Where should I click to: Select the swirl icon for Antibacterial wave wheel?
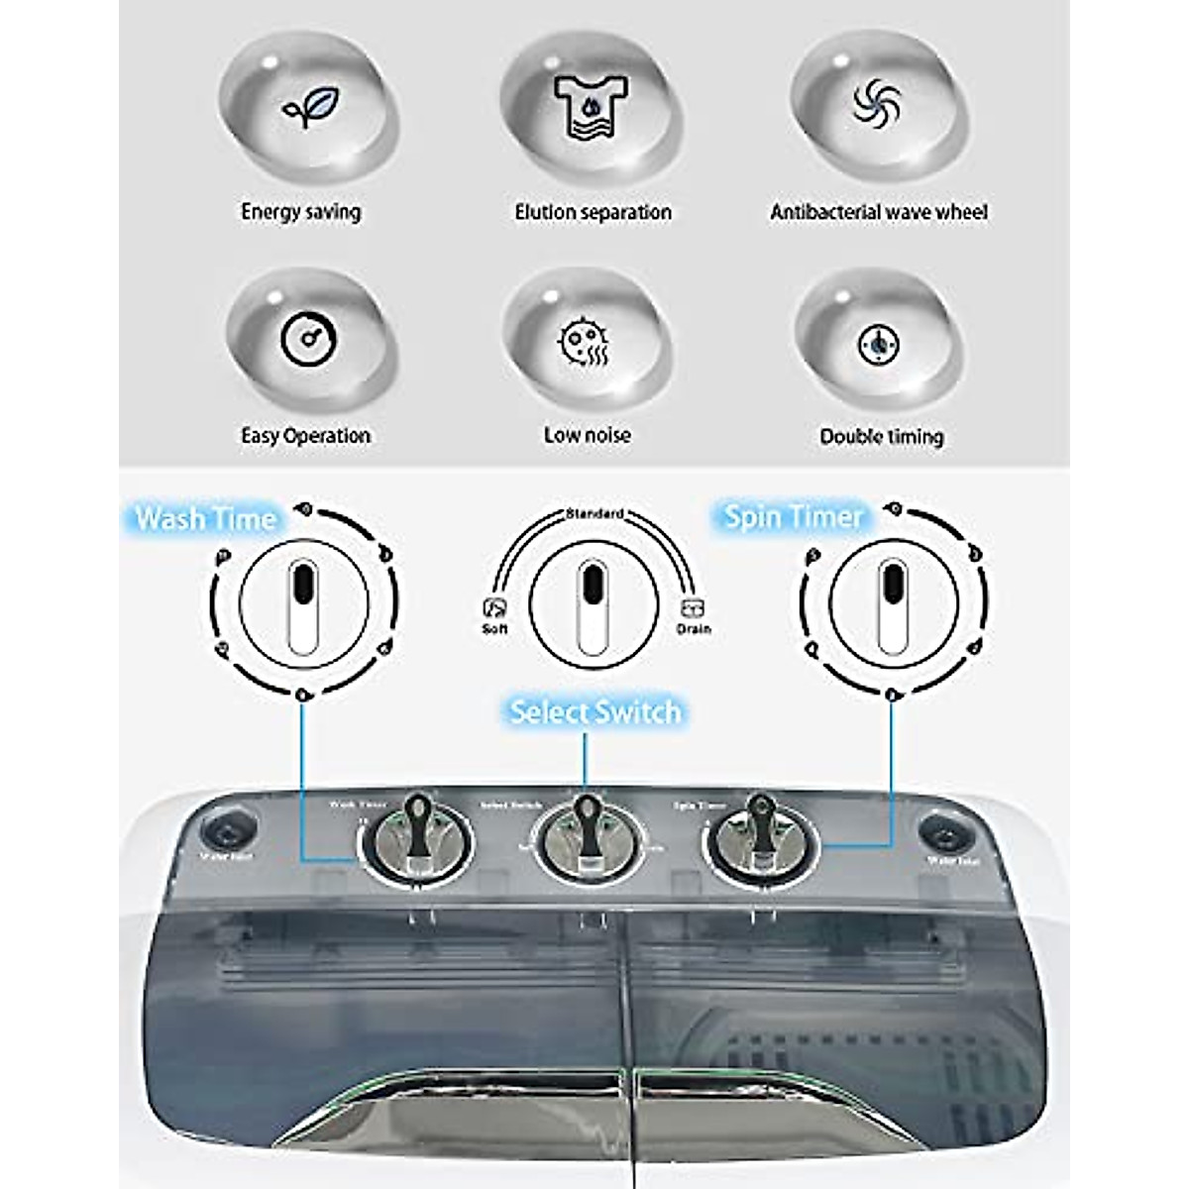[877, 103]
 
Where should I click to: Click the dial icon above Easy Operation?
[309, 340]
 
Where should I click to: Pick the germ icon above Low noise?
[585, 342]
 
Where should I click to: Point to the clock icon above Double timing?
[878, 345]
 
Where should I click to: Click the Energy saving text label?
[301, 212]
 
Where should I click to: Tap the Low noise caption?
[587, 435]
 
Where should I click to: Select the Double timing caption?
[881, 436]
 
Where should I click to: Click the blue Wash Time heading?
[205, 518]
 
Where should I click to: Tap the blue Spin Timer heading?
[794, 516]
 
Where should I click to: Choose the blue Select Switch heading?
[594, 711]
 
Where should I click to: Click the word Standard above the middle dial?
[594, 513]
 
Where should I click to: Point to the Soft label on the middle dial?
[494, 628]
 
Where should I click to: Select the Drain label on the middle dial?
[694, 628]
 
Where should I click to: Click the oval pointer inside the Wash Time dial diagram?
[303, 605]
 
